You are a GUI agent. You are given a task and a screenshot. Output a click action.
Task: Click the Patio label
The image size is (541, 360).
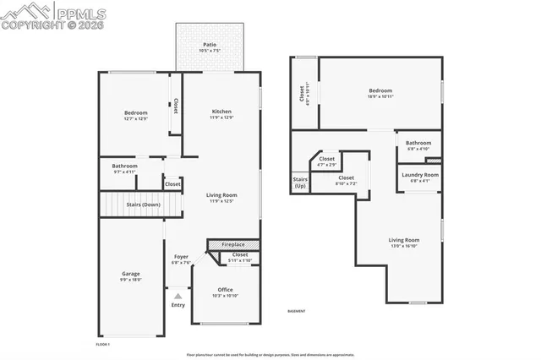click(x=208, y=47)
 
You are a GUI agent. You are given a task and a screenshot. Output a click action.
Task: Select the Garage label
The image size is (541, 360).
click(x=131, y=275)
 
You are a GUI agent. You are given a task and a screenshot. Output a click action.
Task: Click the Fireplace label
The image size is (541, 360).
click(x=233, y=245)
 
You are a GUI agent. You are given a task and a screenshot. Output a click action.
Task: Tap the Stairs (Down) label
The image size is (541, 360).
click(x=143, y=205)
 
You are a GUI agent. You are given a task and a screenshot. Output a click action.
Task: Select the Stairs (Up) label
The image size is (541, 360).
click(x=300, y=182)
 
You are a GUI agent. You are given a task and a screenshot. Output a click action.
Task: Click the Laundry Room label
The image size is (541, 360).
click(x=420, y=177)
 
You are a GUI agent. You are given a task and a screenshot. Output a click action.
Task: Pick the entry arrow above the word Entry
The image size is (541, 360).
click(x=178, y=296)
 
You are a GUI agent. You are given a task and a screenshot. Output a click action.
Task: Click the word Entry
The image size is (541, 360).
click(x=178, y=305)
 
